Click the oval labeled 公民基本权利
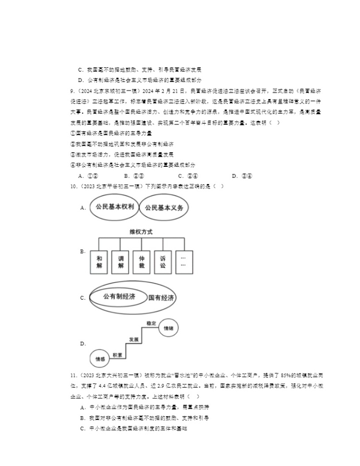tap(112, 207)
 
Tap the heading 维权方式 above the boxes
tap(141, 232)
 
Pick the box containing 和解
tap(99, 262)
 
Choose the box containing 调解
tap(121, 262)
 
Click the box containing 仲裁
tap(142, 262)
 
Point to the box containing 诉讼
tap(163, 262)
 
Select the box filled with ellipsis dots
tap(184, 262)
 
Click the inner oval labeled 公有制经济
tap(119, 297)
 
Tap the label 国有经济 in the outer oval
tap(161, 298)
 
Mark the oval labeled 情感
tap(100, 359)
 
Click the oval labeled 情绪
tap(168, 328)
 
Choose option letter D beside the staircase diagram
tap(83, 344)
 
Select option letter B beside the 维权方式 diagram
tap(83, 252)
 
